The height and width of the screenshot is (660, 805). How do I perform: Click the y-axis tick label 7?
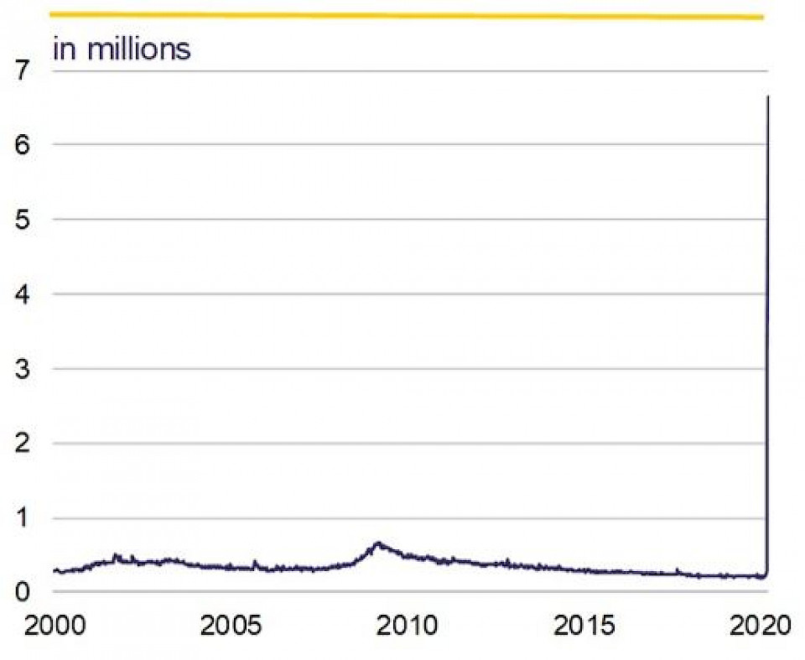[23, 70]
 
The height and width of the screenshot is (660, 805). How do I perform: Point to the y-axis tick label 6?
[23, 144]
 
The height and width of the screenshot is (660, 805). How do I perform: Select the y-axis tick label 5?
[23, 219]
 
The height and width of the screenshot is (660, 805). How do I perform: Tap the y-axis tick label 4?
[23, 294]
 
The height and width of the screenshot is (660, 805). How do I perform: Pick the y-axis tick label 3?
[23, 368]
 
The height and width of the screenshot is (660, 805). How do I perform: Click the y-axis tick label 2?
[23, 443]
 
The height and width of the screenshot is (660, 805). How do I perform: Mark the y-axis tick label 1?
[23, 518]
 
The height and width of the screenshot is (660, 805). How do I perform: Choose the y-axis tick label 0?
[23, 592]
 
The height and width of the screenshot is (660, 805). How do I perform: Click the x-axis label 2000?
[54, 627]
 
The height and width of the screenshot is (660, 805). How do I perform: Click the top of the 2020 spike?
[768, 97]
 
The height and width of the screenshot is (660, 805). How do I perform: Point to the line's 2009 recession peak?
[378, 543]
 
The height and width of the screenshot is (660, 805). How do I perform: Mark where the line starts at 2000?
[55, 570]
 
